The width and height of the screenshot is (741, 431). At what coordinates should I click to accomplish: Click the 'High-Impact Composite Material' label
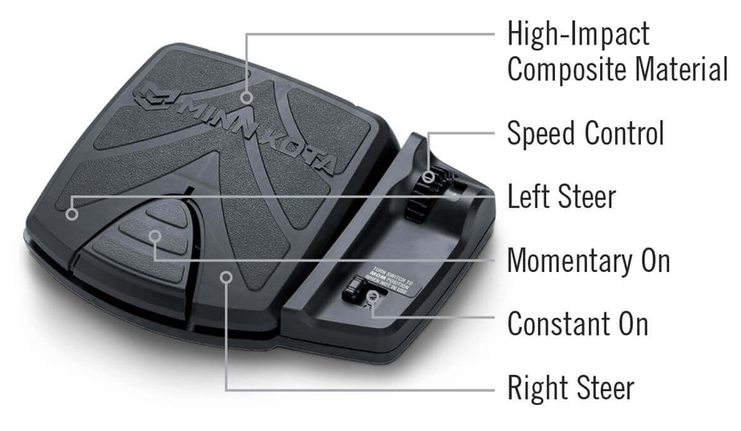pos(617,52)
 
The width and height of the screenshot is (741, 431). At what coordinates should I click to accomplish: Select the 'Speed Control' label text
pos(585,133)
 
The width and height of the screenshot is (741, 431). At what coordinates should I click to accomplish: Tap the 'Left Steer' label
pos(561,197)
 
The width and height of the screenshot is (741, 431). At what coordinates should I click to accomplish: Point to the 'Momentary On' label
pos(588,261)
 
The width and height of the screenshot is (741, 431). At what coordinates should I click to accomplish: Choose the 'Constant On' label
pos(577,324)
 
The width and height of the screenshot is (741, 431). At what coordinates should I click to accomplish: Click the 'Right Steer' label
pos(571,387)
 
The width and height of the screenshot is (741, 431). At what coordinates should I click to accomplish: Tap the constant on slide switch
pos(354,290)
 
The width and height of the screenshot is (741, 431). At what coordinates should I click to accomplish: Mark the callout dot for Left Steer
pos(72,215)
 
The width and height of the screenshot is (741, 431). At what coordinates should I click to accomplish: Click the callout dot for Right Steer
pos(227,277)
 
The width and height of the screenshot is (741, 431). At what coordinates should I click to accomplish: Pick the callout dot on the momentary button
pos(155,236)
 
